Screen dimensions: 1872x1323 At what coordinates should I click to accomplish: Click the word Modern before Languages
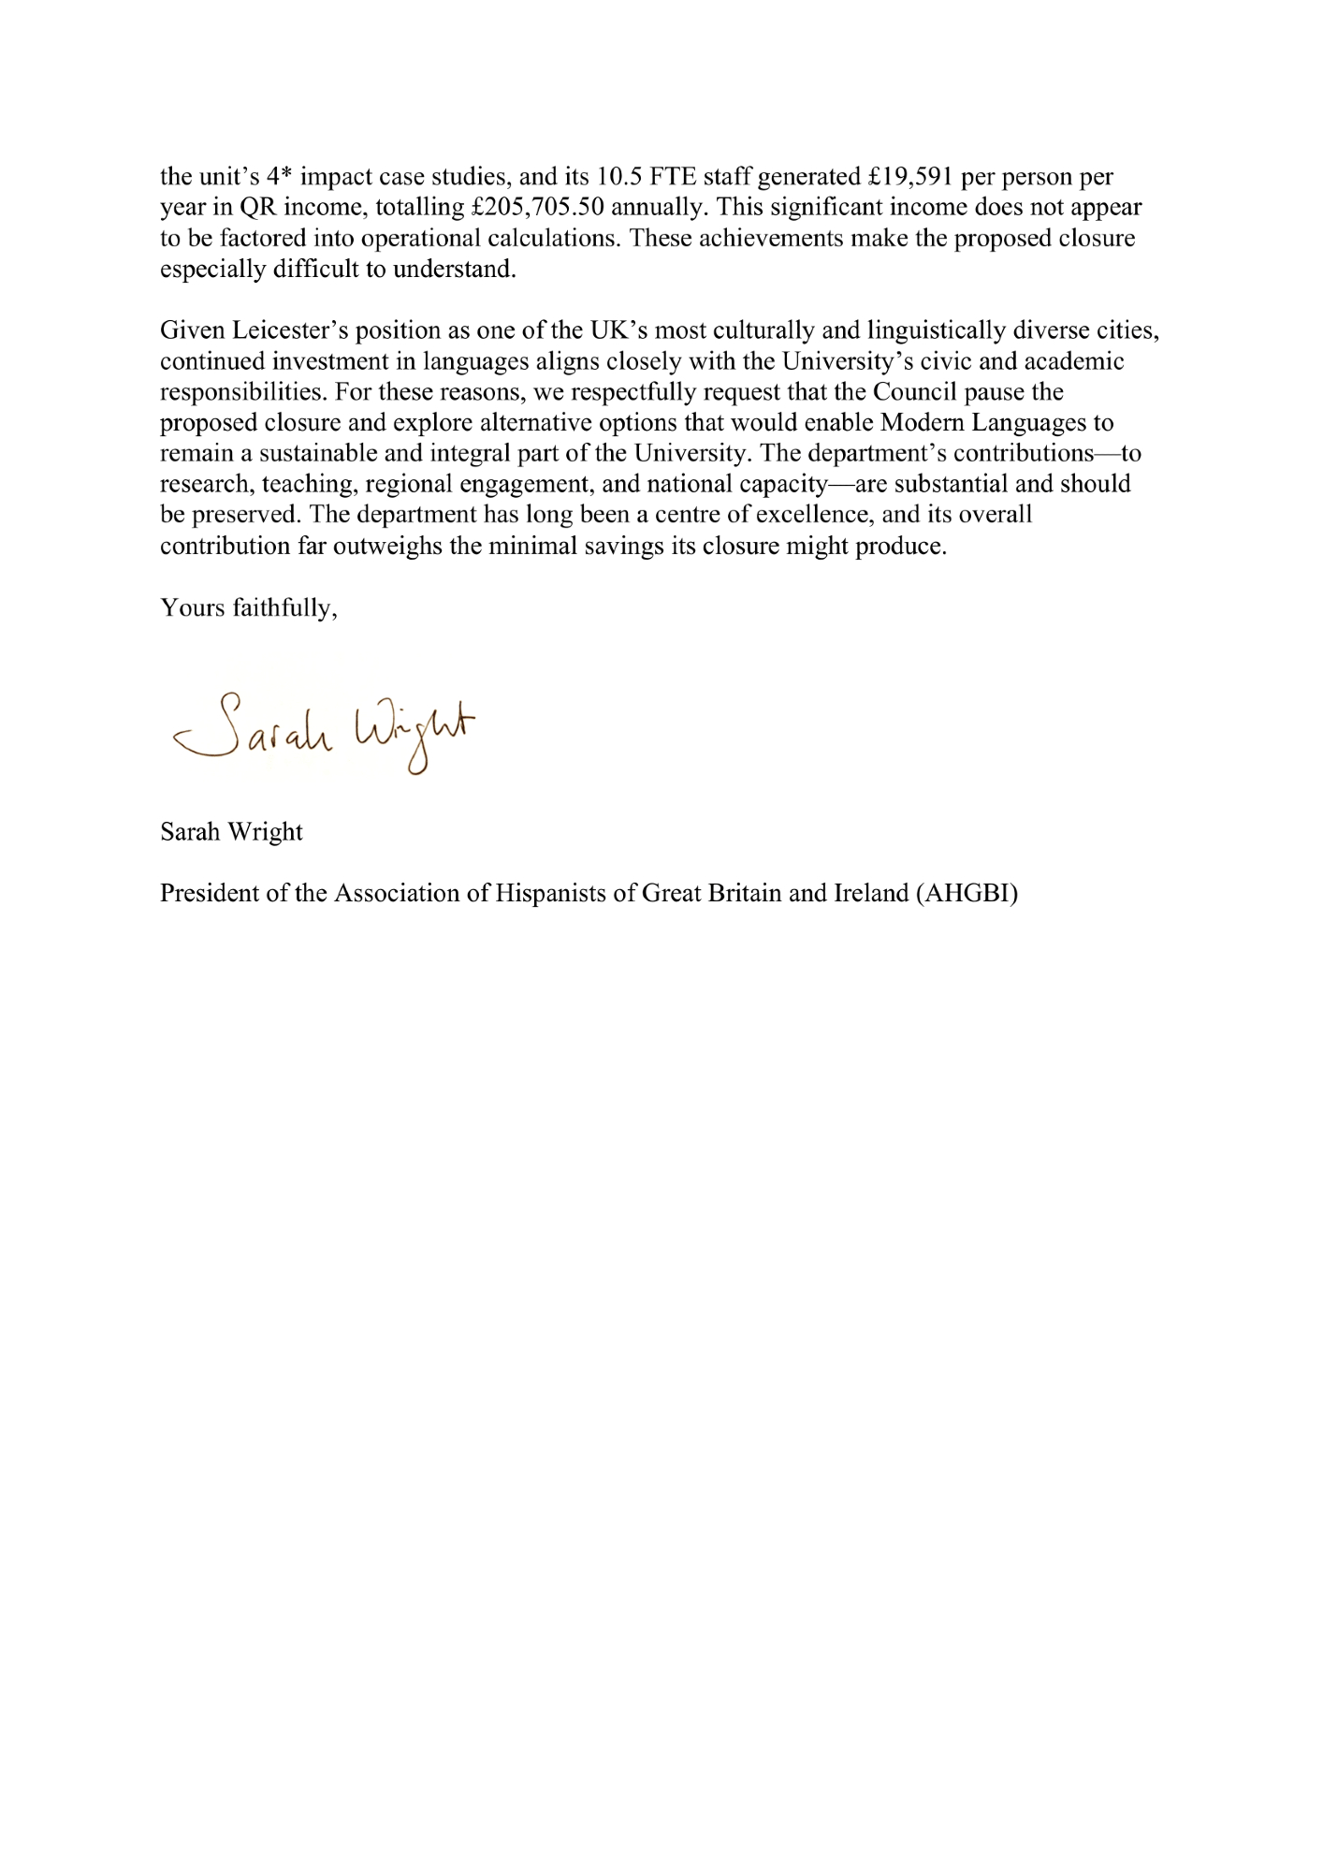(x=924, y=422)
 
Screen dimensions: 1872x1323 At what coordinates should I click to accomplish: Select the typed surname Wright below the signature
(x=266, y=831)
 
